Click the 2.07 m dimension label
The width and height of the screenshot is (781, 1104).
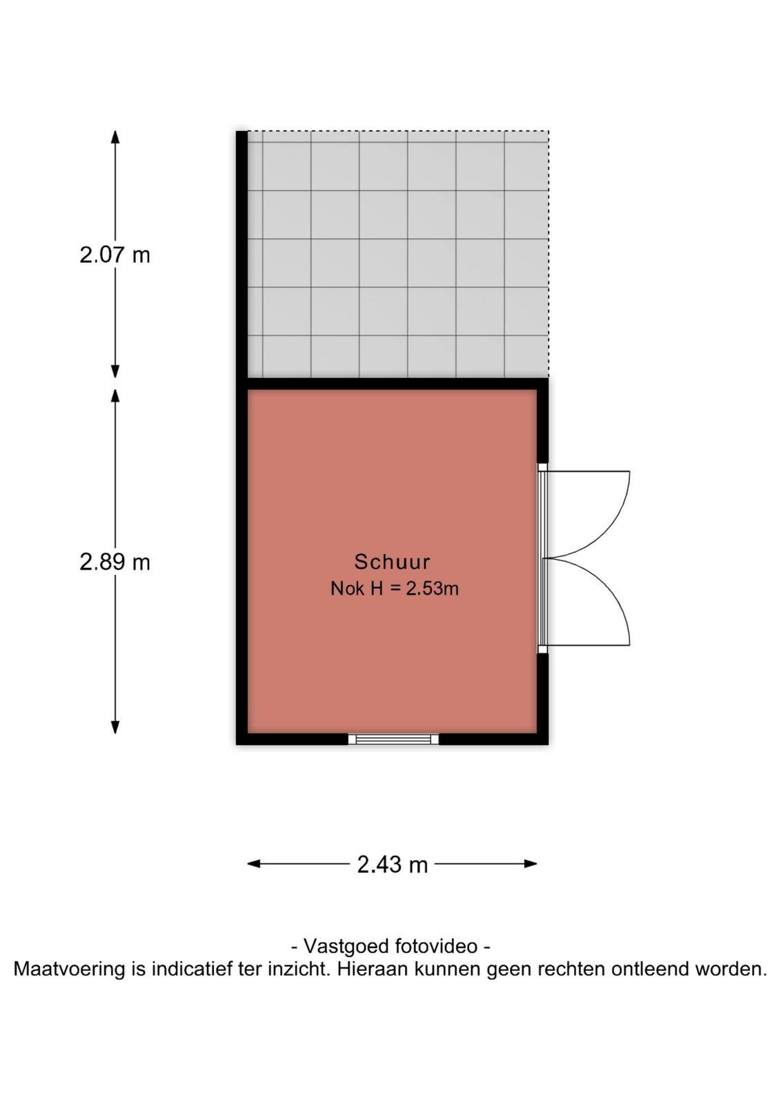tap(115, 255)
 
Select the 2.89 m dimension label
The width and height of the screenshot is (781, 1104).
tap(115, 562)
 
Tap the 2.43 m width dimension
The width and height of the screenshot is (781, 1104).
tap(392, 865)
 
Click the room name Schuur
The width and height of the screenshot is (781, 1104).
tap(392, 562)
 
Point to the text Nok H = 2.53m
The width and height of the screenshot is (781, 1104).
tap(394, 589)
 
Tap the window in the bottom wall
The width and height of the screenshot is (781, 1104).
tap(393, 739)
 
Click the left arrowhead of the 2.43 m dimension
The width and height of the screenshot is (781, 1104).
tap(253, 863)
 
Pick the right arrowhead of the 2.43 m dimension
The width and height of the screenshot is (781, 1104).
tap(531, 863)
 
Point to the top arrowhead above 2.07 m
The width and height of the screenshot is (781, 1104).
tap(115, 137)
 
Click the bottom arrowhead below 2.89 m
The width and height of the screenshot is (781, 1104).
tap(115, 727)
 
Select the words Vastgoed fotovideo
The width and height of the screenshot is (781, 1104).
tap(390, 946)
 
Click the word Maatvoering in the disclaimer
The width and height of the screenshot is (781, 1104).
tap(70, 969)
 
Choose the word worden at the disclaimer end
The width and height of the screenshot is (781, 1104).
tap(731, 969)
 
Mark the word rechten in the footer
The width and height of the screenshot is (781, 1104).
tap(571, 969)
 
